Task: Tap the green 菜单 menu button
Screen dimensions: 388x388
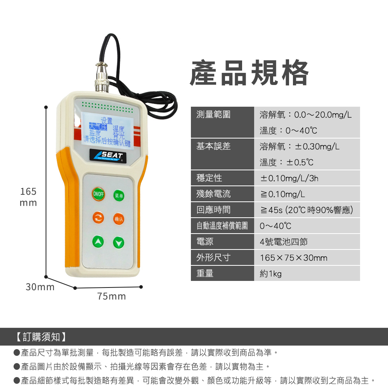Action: pyautogui.click(x=119, y=196)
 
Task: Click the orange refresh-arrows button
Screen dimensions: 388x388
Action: pyautogui.click(x=98, y=218)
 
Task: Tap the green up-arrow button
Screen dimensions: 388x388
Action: pyautogui.click(x=98, y=241)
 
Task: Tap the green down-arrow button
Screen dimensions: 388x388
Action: pyautogui.click(x=119, y=242)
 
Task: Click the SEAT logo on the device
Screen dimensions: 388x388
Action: pyautogui.click(x=108, y=156)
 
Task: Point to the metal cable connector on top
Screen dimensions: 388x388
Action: pyautogui.click(x=102, y=77)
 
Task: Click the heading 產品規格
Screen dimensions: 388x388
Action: pyautogui.click(x=249, y=73)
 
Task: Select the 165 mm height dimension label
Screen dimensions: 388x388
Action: pyautogui.click(x=28, y=197)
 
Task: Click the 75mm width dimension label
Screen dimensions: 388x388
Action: pyautogui.click(x=111, y=296)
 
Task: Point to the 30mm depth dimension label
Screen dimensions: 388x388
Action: pyautogui.click(x=40, y=287)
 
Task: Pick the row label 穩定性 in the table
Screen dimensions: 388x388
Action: pyautogui.click(x=209, y=178)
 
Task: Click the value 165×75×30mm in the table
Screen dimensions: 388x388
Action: pyautogui.click(x=293, y=258)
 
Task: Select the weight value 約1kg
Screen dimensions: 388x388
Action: pyautogui.click(x=271, y=274)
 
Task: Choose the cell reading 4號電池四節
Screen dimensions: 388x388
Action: pyautogui.click(x=284, y=242)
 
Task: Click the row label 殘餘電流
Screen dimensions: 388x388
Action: pyautogui.click(x=213, y=194)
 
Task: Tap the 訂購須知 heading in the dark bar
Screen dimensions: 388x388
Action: pyautogui.click(x=41, y=337)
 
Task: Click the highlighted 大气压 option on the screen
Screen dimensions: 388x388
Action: pyautogui.click(x=98, y=126)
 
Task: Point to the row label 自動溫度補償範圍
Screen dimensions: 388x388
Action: pyautogui.click(x=222, y=226)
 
